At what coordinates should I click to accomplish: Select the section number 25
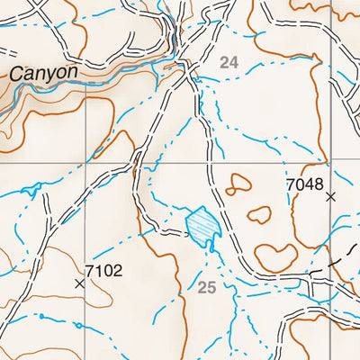click(207, 287)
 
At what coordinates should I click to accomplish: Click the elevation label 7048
click(303, 184)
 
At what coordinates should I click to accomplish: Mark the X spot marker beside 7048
click(331, 195)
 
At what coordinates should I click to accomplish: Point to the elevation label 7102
click(103, 269)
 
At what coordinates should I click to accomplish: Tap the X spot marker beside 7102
click(79, 283)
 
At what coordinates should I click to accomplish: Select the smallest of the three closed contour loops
click(238, 184)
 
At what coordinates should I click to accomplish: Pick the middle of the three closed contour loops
click(259, 215)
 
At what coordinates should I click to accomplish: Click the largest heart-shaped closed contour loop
click(276, 257)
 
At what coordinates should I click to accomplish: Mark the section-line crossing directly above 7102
click(86, 166)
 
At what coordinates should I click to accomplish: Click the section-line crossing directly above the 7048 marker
click(331, 166)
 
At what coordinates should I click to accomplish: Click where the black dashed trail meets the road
click(310, 274)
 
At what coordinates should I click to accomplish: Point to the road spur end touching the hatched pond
click(184, 231)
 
